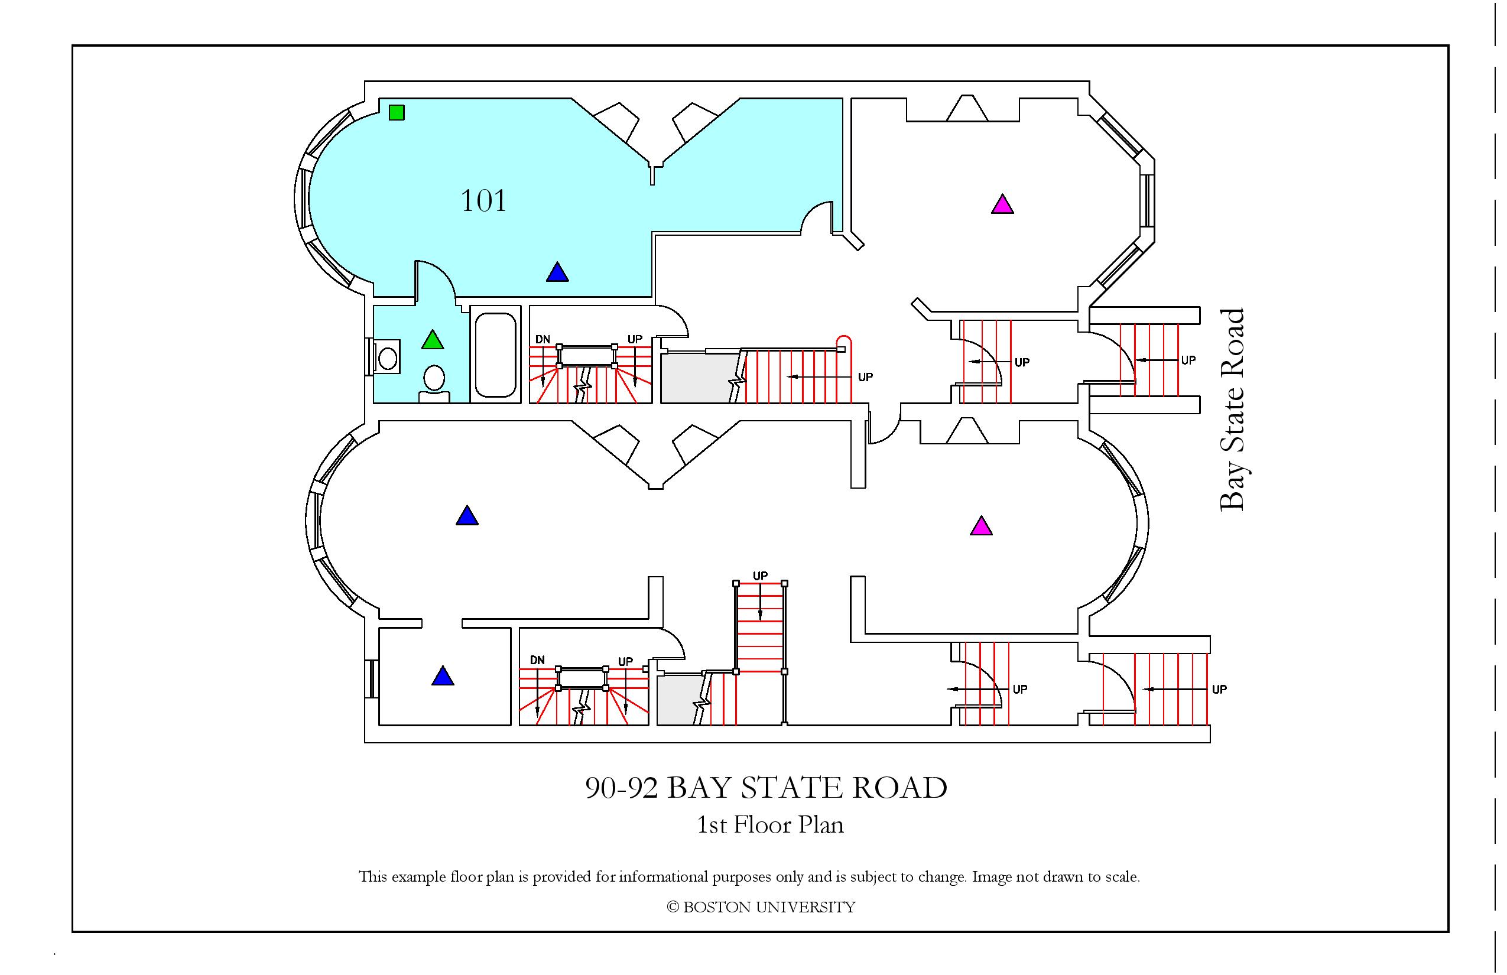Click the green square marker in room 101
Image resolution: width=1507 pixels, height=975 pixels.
[x=397, y=112]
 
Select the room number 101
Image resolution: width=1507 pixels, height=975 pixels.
[x=483, y=201]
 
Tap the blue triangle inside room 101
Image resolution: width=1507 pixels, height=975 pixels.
[x=557, y=272]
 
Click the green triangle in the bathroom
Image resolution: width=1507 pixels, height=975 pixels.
[x=433, y=339]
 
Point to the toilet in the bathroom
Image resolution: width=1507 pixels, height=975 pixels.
[x=434, y=383]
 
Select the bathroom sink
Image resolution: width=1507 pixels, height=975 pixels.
[x=387, y=358]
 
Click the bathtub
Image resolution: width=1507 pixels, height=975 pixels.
[x=496, y=355]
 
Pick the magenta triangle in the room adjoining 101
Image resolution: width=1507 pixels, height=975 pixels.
[x=1002, y=204]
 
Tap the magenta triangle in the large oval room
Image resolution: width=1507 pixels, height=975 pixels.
[x=982, y=525]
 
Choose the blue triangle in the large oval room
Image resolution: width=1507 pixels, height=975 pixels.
[x=467, y=515]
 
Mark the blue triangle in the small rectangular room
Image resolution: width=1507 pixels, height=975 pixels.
[x=443, y=675]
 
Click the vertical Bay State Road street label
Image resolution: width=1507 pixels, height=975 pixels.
[x=1232, y=409]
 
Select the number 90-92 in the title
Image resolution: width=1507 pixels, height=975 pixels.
[x=621, y=788]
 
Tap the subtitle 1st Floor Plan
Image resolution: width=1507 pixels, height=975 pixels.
[x=770, y=825]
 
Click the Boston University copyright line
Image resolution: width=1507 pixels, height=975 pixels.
[x=761, y=907]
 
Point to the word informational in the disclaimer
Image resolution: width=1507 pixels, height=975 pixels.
[x=664, y=877]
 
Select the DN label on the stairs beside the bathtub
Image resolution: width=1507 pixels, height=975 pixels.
[x=543, y=339]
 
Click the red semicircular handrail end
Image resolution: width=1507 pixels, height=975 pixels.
[x=845, y=342]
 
